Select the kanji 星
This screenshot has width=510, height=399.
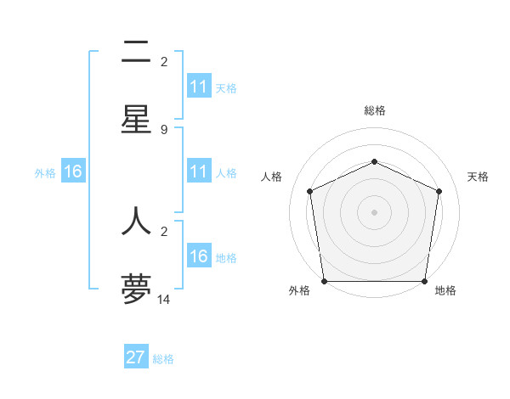click(136, 119)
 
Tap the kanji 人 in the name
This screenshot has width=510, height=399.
click(136, 220)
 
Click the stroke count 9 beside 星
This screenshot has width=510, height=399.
click(164, 130)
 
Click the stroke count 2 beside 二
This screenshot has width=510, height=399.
click(164, 62)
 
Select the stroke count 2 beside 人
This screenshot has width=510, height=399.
click(164, 231)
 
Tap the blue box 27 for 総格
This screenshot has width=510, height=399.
click(136, 357)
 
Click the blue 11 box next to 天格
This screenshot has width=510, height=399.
click(199, 87)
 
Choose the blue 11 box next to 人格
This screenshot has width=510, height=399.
click(199, 171)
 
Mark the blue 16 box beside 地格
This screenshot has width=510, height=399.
click(199, 256)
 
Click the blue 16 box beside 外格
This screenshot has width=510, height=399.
click(73, 171)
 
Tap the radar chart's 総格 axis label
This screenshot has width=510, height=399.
click(374, 110)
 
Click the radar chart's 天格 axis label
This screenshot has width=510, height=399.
click(478, 177)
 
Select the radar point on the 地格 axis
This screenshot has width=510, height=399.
click(424, 281)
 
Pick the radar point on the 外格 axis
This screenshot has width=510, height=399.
click(324, 281)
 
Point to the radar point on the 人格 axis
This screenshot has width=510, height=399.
click(309, 191)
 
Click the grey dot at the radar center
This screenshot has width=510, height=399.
click(374, 212)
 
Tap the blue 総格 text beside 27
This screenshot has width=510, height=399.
click(163, 358)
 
